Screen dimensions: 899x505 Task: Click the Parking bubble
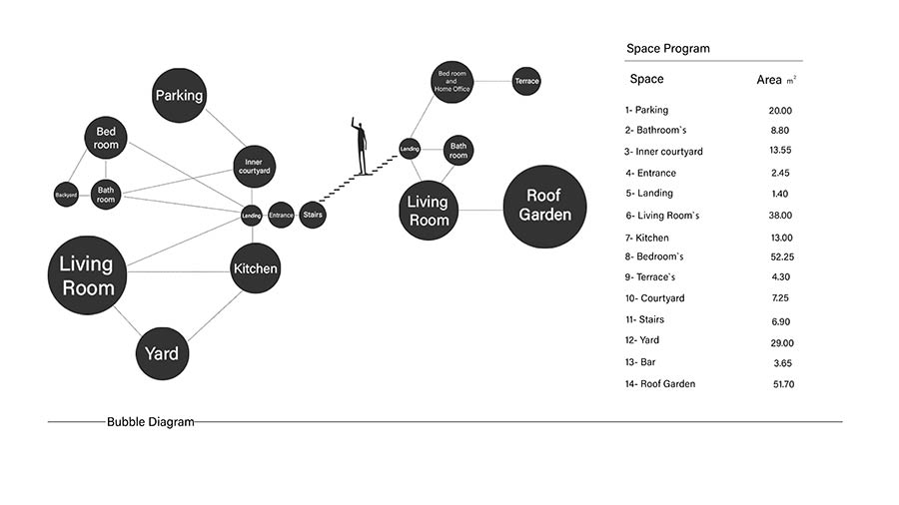point(180,96)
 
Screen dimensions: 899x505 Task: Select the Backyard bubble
point(66,195)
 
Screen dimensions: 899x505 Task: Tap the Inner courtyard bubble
point(254,167)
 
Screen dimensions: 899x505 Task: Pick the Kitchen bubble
point(255,268)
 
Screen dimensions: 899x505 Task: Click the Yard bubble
point(162,353)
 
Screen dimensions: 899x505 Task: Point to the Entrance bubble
point(281,216)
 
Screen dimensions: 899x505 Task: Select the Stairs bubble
point(313,215)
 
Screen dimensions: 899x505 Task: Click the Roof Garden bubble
point(544,207)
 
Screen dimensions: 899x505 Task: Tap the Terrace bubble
point(526,81)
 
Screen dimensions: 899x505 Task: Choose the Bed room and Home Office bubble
point(451,82)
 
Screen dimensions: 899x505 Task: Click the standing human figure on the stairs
point(360,146)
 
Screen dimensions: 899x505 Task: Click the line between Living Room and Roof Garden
point(480,211)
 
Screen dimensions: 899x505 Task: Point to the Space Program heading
point(668,49)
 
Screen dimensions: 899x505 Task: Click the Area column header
point(769,80)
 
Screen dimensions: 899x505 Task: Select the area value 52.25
point(782,257)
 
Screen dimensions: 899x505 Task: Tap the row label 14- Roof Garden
point(660,384)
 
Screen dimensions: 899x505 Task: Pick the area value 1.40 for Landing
point(780,194)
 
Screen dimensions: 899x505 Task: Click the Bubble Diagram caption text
point(151,422)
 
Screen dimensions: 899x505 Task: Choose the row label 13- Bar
point(640,362)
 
